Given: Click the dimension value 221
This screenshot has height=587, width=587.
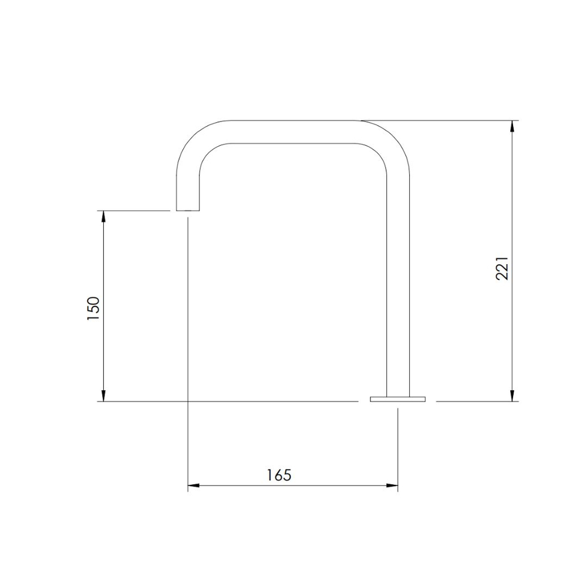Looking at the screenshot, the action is tap(502, 268).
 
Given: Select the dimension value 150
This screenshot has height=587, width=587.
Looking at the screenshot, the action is tap(93, 308).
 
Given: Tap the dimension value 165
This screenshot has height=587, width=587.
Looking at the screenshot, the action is tap(279, 475).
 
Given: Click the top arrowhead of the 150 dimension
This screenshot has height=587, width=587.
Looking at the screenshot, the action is tap(104, 217).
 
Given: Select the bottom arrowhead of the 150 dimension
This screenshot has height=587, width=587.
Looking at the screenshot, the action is tap(104, 396).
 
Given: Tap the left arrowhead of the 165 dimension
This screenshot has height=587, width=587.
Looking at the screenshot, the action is tap(193, 485).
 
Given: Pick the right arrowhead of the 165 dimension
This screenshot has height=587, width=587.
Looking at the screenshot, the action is tap(392, 485).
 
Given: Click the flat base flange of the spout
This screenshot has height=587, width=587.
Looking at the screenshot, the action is tap(397, 399).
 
